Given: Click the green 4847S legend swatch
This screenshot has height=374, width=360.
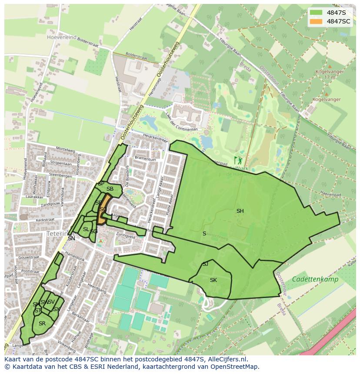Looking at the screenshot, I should coord(316,13).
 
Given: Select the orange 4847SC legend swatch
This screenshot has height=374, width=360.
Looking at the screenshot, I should coord(316,21).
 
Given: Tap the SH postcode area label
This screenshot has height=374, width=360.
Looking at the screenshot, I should coord(240,211).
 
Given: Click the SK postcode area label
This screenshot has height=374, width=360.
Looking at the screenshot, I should coord(213,280).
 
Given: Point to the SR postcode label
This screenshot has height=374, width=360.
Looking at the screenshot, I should coord(42,324).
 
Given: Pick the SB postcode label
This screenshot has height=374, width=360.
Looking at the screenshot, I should coord(110,189).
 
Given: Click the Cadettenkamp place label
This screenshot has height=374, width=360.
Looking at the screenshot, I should coord(315,279).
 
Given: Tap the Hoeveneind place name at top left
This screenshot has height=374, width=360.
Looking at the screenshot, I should coord(61,37).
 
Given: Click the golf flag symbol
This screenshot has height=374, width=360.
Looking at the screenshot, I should coord(237,160).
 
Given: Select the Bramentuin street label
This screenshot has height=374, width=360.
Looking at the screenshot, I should coord(145,159).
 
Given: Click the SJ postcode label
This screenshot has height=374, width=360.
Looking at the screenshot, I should coord(205,264).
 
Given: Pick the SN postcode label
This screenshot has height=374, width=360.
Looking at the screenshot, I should coord(71,238).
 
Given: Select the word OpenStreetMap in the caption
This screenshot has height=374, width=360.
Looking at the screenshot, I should coord(235,367).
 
